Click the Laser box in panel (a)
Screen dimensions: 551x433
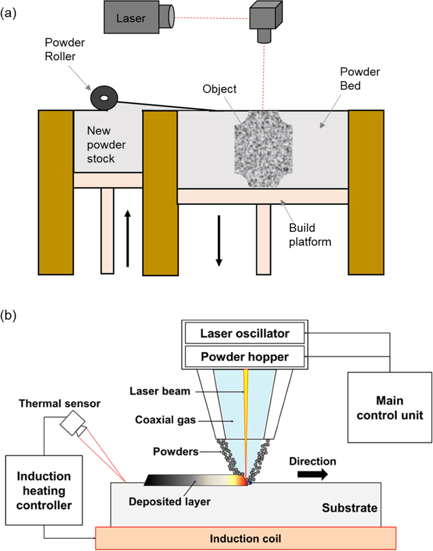point(131,18)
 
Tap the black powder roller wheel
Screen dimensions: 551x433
point(104,98)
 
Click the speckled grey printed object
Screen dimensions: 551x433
point(263,149)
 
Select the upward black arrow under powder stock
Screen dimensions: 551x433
point(127,238)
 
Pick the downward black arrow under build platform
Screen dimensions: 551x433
point(219,240)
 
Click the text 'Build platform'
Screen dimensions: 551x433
point(310,235)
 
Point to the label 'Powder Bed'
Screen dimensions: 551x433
point(359,79)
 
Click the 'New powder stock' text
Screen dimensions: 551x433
point(106,144)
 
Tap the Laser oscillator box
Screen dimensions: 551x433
point(245,333)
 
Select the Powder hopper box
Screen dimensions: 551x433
point(245,357)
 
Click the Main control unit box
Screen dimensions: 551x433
point(389,407)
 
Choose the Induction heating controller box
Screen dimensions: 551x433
point(44,490)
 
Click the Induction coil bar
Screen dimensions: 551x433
point(245,539)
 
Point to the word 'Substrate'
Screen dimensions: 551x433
point(349,508)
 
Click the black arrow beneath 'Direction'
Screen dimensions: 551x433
point(312,474)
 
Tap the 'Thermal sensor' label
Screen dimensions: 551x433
point(59,403)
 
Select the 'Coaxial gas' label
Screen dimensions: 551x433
point(165,420)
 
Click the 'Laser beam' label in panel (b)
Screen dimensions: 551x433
point(160,391)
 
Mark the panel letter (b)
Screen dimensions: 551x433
point(8,315)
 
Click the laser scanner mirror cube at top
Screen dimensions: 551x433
point(266,16)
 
